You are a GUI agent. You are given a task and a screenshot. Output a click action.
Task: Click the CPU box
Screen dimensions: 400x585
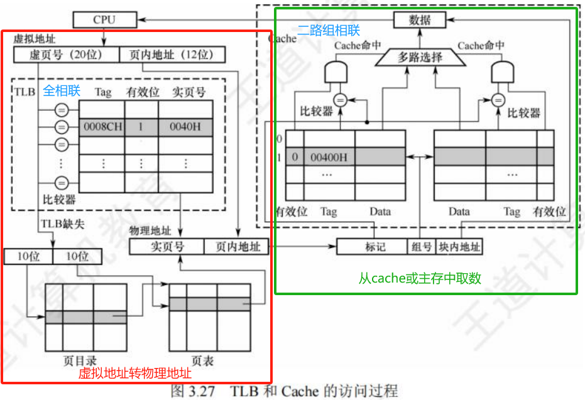[x=104, y=19]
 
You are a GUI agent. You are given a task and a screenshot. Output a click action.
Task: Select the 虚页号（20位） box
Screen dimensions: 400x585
[x=66, y=55]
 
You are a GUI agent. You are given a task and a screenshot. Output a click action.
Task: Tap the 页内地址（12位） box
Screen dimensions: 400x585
[x=172, y=55]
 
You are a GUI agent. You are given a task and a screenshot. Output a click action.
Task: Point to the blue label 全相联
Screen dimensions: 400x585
[x=62, y=90]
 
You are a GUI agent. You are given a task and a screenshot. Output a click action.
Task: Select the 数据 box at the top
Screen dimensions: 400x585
[x=420, y=20]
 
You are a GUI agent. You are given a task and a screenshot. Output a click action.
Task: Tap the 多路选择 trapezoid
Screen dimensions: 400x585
[x=420, y=58]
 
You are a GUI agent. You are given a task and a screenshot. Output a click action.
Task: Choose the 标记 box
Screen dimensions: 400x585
[x=371, y=247]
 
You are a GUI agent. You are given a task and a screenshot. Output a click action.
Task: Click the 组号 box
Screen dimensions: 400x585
[x=421, y=247]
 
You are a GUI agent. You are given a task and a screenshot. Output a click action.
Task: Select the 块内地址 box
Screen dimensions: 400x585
[x=459, y=247]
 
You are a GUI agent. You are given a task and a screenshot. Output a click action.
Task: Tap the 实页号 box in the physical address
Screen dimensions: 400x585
[x=167, y=247]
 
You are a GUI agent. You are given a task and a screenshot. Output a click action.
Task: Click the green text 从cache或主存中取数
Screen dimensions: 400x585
[x=420, y=278]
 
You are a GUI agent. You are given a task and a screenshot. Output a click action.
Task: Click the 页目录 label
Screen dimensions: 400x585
[x=79, y=360]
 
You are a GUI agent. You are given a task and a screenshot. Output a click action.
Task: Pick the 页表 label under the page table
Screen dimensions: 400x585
[x=204, y=360]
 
